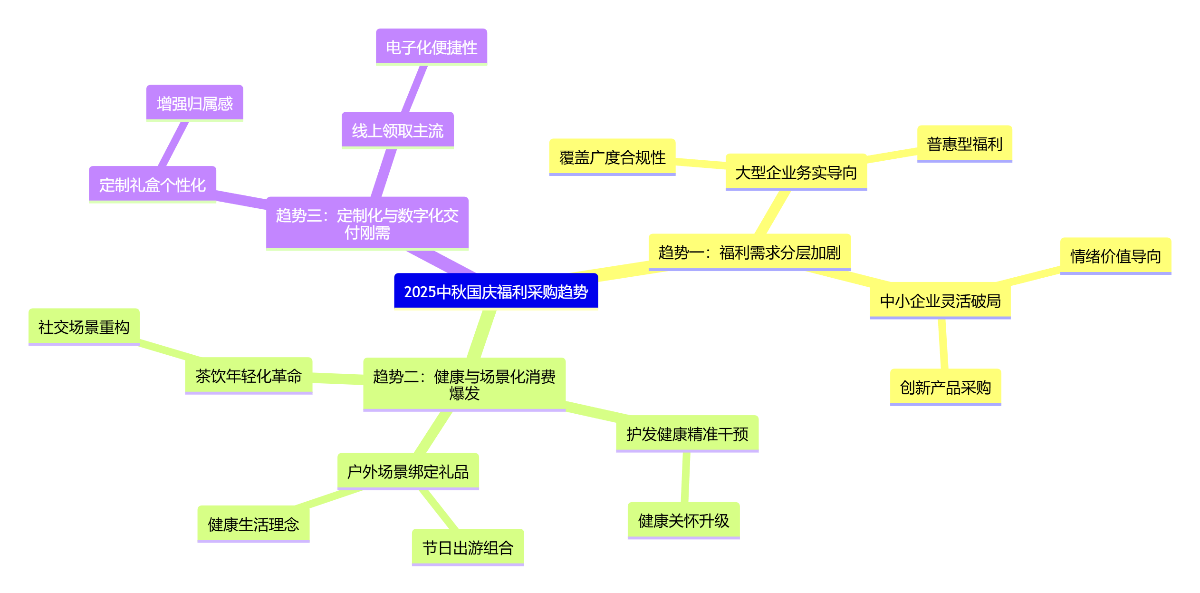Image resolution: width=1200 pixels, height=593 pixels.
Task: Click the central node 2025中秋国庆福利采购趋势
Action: click(496, 291)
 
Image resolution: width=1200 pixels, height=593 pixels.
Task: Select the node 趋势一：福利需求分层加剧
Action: click(749, 252)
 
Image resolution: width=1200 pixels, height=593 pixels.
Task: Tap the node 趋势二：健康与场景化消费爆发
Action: click(464, 384)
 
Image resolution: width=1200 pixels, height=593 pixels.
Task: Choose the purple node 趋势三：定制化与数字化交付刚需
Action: click(367, 224)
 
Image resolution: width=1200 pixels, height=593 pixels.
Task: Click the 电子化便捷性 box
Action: click(431, 47)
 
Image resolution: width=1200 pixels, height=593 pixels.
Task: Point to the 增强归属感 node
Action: click(194, 103)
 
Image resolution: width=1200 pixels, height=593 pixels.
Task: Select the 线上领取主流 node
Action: click(397, 130)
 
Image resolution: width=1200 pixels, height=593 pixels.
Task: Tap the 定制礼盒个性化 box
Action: click(152, 185)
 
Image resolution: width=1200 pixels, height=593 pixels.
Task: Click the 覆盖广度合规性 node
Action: click(612, 157)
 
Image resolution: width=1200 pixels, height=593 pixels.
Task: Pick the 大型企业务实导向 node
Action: click(796, 172)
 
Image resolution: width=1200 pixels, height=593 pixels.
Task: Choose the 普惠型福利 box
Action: click(964, 144)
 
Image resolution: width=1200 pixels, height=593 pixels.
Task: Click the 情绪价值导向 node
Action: click(1115, 256)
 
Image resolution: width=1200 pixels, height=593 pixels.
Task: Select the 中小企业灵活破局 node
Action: click(940, 301)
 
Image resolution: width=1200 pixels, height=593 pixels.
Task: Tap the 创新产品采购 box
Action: click(945, 387)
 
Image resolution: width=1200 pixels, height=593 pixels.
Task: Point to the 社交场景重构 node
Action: click(84, 327)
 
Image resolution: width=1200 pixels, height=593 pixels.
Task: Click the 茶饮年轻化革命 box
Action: click(249, 376)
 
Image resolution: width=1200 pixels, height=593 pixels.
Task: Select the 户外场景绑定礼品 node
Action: click(408, 471)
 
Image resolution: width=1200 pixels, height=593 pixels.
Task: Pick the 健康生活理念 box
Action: click(253, 524)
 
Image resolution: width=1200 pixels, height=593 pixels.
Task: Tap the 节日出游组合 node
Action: click(468, 547)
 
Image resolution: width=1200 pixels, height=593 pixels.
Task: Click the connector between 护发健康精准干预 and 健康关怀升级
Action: click(685, 477)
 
